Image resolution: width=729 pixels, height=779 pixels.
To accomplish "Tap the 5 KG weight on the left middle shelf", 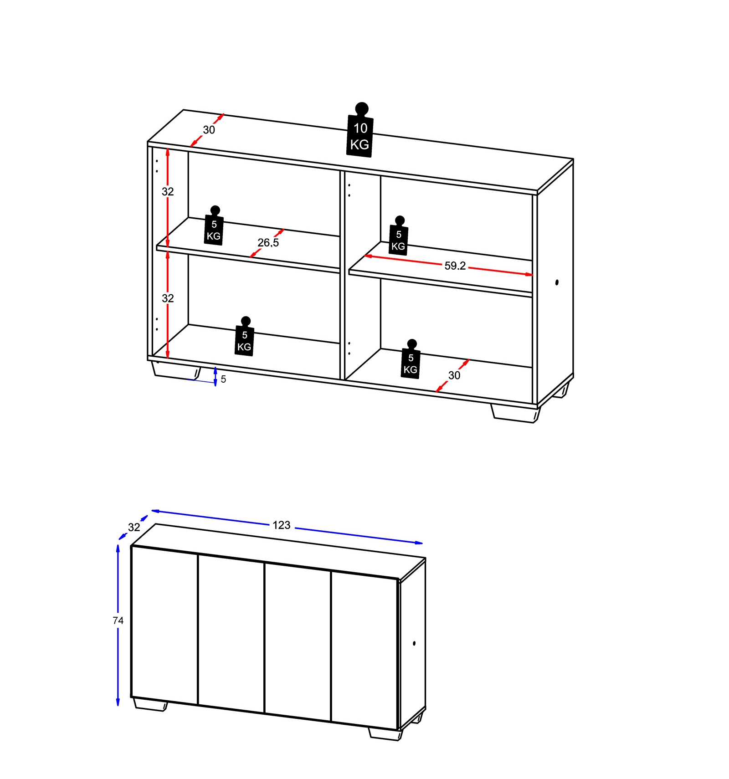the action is click(x=214, y=226).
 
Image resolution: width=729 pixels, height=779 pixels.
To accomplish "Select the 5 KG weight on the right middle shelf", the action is click(x=399, y=236).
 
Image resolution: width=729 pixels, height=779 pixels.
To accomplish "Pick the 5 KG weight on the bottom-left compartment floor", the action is click(x=245, y=337).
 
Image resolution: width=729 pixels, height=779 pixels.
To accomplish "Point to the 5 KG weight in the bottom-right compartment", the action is click(x=411, y=359).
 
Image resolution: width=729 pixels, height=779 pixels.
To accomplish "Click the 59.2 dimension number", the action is click(x=455, y=266).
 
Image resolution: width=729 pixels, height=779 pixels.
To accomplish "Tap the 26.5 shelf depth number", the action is click(x=268, y=243).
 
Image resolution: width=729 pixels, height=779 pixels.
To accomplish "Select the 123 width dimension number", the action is click(x=282, y=525).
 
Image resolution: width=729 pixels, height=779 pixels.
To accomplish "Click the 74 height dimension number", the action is click(x=118, y=620).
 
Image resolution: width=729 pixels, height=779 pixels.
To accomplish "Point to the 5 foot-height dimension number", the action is click(x=223, y=379).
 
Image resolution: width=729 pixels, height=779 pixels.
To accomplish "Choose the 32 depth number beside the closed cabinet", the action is click(x=134, y=528).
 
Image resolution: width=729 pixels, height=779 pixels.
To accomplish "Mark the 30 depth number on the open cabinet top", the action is click(x=209, y=130).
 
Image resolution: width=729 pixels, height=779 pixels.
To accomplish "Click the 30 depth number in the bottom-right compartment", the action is click(x=454, y=375).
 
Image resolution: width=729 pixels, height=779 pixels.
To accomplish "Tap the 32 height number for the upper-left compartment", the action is click(x=168, y=192).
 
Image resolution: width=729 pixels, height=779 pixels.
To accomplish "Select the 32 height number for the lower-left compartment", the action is click(x=168, y=298).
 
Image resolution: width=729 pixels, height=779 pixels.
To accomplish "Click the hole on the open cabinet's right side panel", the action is click(x=557, y=282).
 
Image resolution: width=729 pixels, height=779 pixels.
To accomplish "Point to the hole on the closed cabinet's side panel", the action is click(x=414, y=643).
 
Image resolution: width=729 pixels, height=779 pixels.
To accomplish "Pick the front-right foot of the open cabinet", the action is click(x=515, y=414).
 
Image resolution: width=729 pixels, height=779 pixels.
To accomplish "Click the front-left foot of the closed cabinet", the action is click(x=150, y=704).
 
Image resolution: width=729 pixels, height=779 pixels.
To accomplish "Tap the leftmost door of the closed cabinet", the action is click(x=164, y=625).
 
